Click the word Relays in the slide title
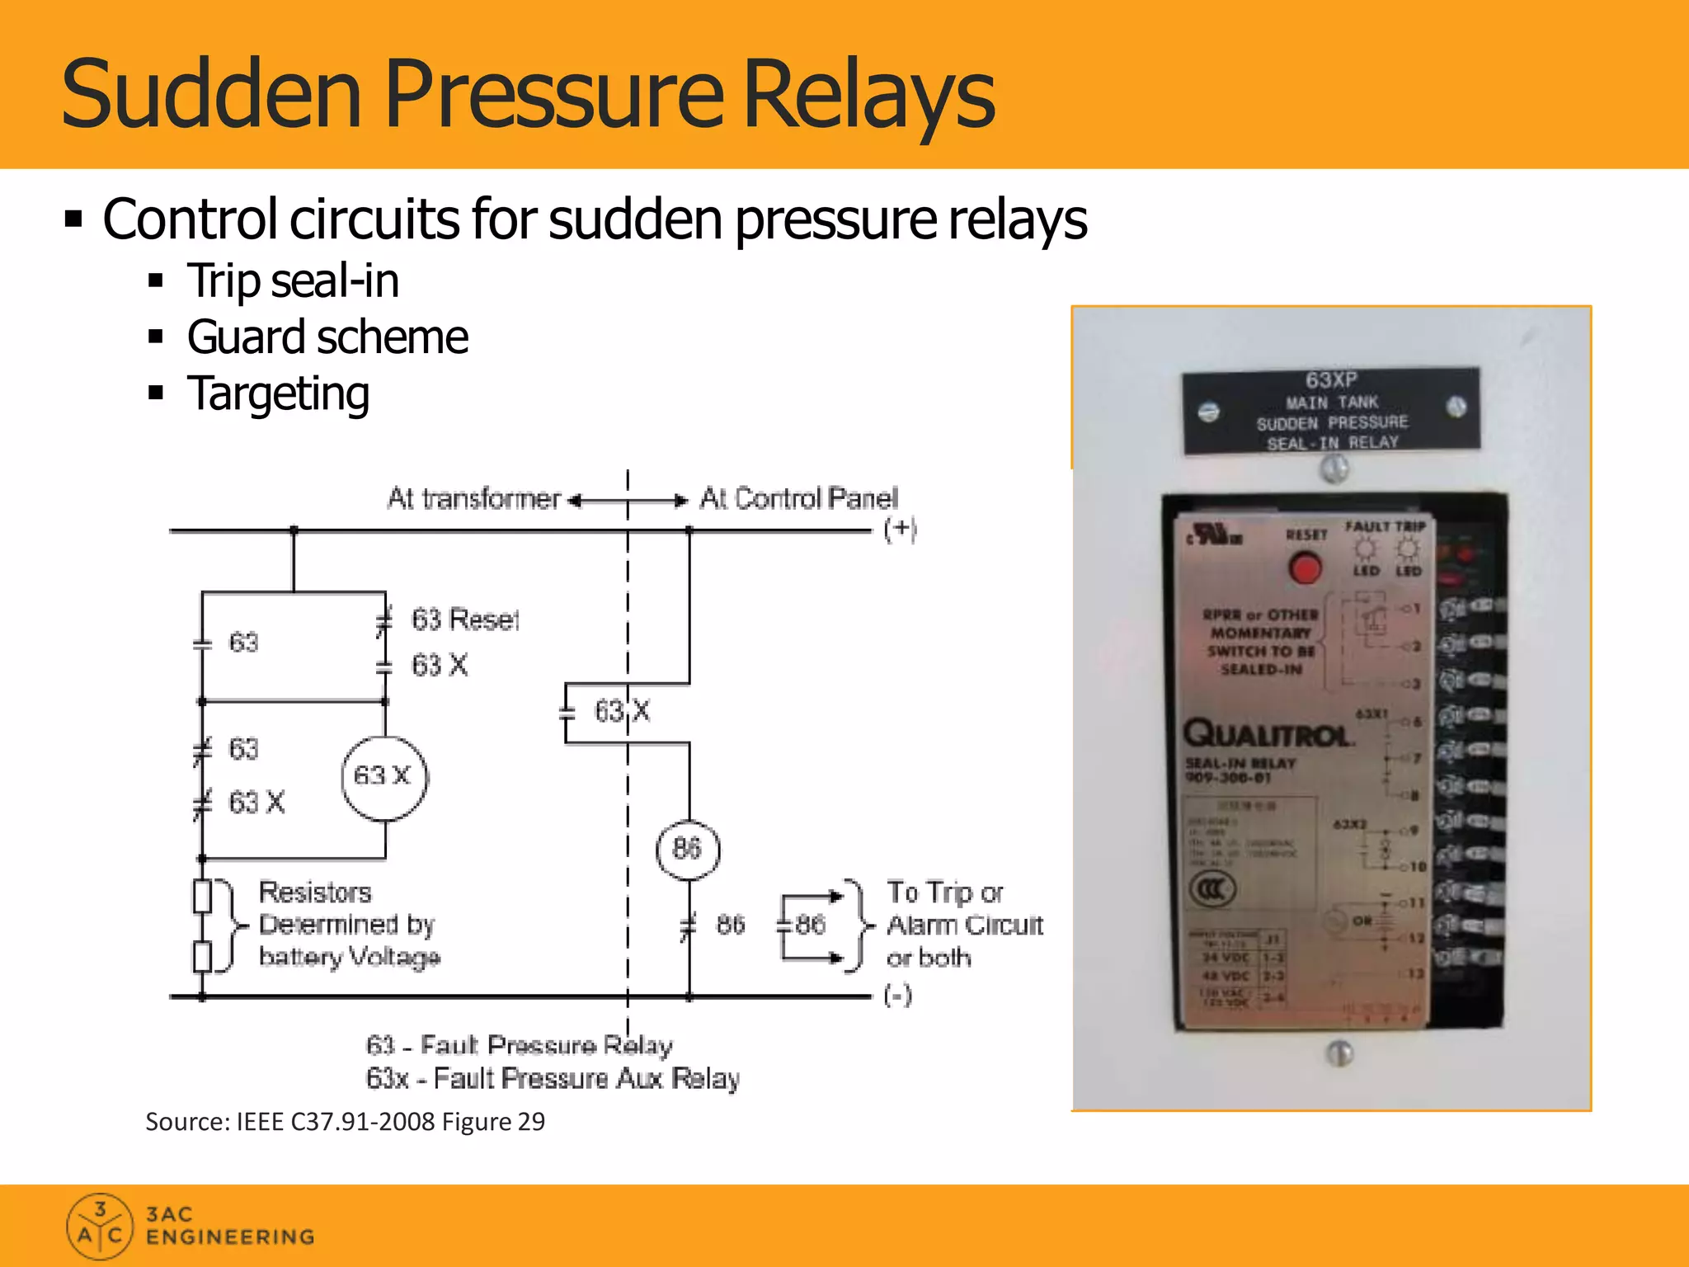point(869,94)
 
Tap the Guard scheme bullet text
point(327,337)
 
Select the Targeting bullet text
point(278,393)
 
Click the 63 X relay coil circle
point(384,777)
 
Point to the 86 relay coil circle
point(688,849)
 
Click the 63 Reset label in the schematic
point(465,619)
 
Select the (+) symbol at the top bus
point(900,529)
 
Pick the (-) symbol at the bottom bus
point(897,996)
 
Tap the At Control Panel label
point(798,498)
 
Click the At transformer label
point(473,498)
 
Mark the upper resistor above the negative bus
point(202,896)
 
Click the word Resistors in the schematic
point(315,893)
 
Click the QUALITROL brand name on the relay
point(1267,733)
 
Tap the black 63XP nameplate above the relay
point(1331,411)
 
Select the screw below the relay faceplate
point(1339,1053)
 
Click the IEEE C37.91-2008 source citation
point(345,1122)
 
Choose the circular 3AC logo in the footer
point(99,1227)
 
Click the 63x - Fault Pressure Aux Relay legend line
point(553,1079)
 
